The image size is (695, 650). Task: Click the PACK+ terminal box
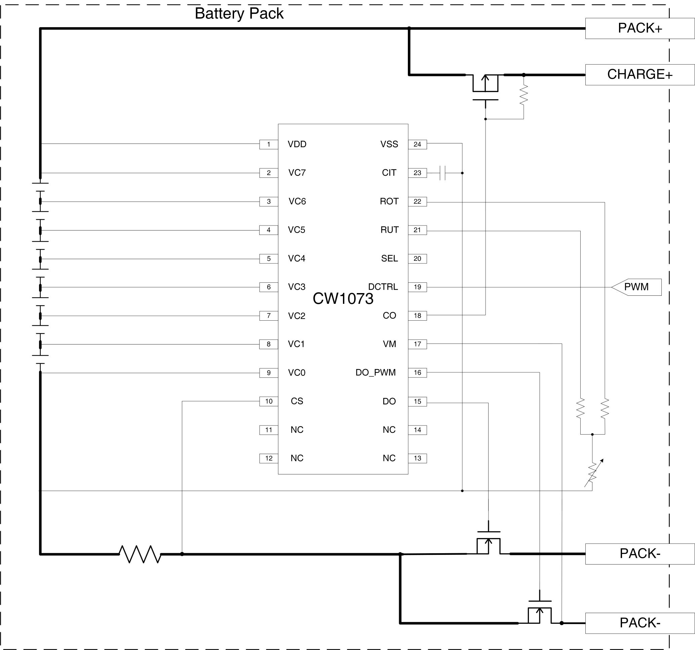[640, 28]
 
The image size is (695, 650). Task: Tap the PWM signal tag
[636, 287]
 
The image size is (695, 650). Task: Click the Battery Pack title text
[239, 14]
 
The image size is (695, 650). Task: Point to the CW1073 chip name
[343, 299]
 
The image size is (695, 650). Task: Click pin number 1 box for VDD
[269, 144]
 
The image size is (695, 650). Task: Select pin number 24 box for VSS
[417, 144]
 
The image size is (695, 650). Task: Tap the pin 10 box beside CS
[269, 401]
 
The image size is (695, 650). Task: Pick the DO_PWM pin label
[376, 372]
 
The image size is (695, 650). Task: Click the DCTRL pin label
[383, 287]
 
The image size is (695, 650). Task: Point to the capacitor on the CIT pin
[442, 173]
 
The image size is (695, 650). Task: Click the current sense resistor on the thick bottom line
[140, 554]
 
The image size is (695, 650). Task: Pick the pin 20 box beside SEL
[417, 258]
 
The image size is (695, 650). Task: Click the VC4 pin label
[297, 258]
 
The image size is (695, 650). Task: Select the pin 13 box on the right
[417, 458]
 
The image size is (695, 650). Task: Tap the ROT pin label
[389, 202]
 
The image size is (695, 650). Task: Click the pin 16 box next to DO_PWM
[417, 372]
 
